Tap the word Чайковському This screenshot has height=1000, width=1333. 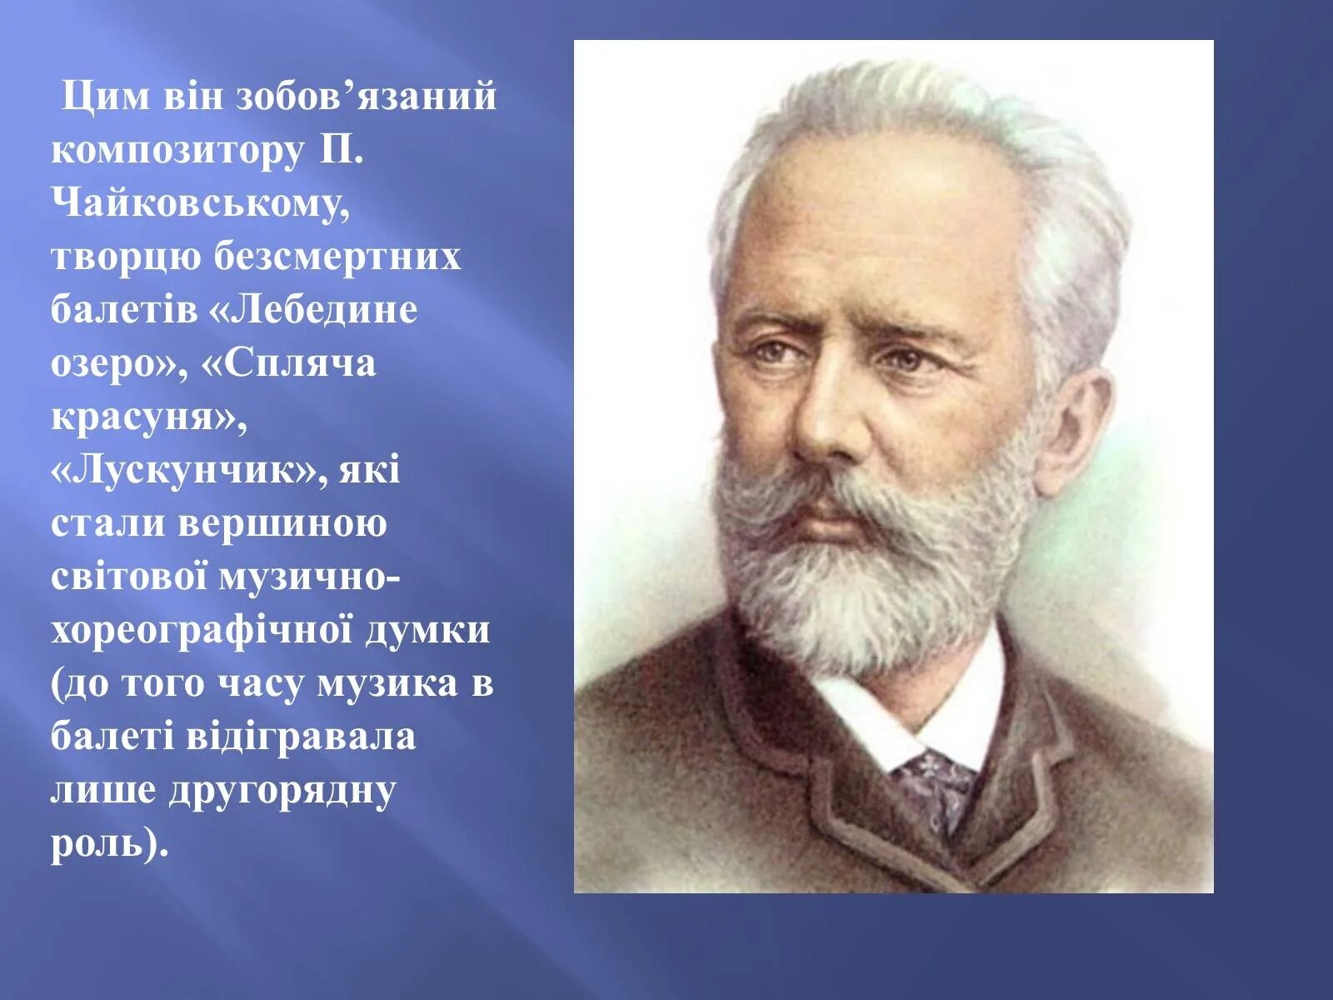200,204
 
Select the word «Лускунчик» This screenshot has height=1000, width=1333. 188,471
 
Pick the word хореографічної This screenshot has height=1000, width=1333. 202,630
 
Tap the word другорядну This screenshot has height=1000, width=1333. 282,790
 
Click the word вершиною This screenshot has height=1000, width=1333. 282,524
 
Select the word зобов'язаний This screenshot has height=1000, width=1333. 367,97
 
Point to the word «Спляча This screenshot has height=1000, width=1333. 289,363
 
